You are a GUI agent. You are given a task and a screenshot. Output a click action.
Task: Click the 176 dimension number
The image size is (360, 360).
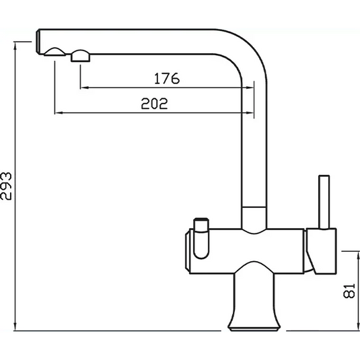(166, 78)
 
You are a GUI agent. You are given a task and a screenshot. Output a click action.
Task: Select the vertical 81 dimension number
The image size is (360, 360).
(349, 290)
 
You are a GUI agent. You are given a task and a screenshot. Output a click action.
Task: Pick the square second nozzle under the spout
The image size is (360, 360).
(80, 56)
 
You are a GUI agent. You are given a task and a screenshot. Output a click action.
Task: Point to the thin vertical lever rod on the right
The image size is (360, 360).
(324, 202)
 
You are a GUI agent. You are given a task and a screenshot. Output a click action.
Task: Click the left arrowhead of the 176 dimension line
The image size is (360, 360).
(83, 87)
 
